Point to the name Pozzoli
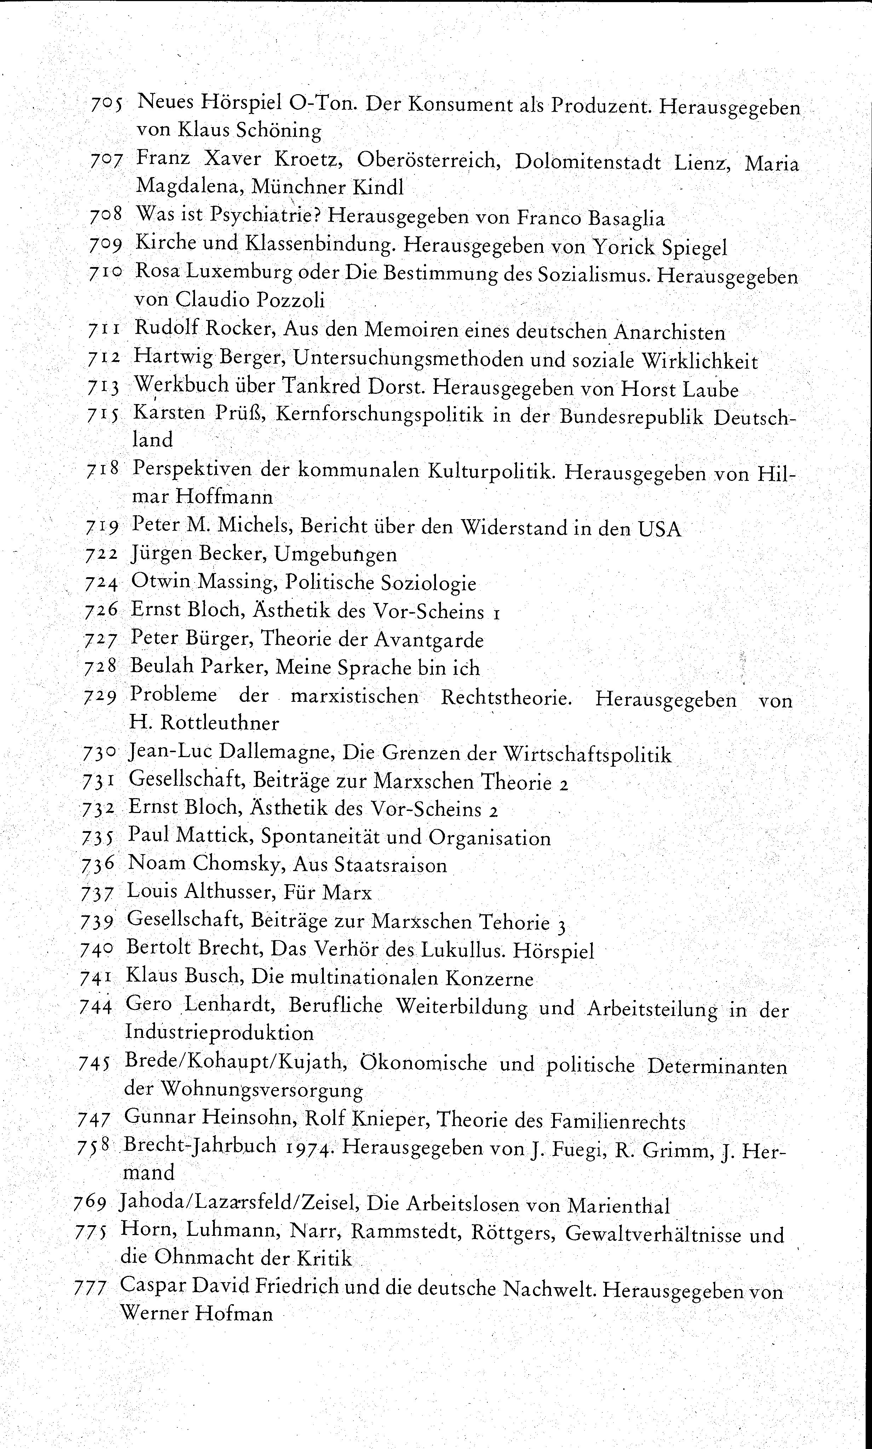pyautogui.click(x=290, y=300)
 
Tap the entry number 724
pyautogui.click(x=102, y=583)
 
